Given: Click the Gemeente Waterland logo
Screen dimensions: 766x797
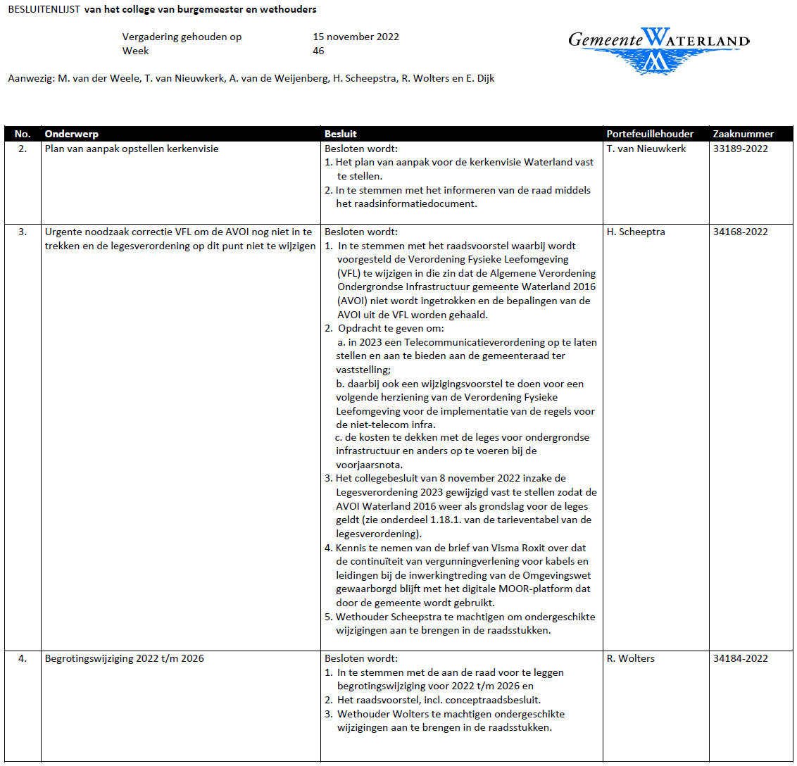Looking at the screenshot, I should click(658, 49).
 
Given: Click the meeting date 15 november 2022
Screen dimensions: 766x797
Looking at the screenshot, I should click(356, 37).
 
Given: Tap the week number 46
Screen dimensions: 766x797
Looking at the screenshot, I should click(318, 51).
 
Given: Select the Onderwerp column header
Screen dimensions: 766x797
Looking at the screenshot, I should click(72, 134).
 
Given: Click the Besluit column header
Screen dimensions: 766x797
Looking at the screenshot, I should click(341, 134).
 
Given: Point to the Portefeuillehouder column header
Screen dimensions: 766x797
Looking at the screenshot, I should click(650, 134).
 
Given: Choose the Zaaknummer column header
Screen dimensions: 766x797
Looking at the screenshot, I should click(743, 134).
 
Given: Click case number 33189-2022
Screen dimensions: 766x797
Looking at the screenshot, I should click(741, 149).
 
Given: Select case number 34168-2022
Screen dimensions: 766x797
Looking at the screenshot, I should click(741, 232).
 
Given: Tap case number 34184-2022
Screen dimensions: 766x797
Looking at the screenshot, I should click(741, 658).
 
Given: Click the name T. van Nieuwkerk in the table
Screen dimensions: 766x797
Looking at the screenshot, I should click(646, 149).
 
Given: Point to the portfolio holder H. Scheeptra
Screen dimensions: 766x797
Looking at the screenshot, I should click(636, 232).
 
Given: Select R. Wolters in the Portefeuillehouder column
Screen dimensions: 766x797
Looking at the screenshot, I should click(631, 658).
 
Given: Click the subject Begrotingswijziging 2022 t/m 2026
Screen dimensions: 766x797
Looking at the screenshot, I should click(125, 658).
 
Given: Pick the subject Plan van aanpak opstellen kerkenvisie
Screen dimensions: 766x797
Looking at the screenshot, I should click(132, 149).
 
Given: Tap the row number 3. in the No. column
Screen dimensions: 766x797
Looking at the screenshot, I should click(23, 232).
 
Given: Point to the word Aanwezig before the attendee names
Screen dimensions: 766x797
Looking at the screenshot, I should click(30, 78).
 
